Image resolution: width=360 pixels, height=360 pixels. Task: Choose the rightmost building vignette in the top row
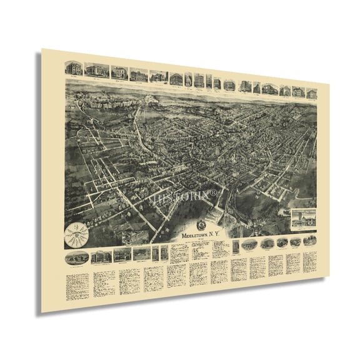[x=311, y=93]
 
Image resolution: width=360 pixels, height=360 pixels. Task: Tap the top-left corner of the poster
[x=41, y=49]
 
